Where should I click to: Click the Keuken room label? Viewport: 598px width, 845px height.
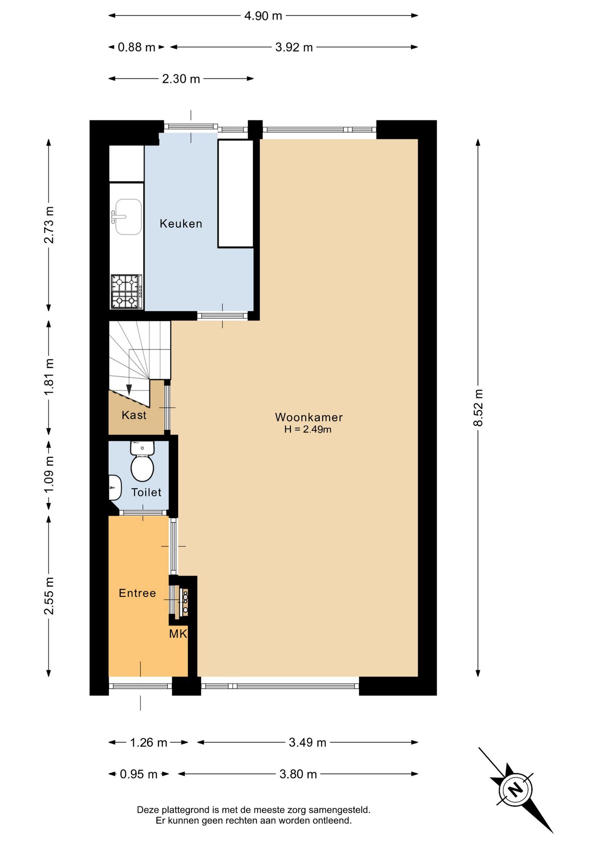(x=181, y=224)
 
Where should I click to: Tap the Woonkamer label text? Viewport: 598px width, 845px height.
(x=309, y=417)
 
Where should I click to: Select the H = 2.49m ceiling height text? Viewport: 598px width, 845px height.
(x=308, y=430)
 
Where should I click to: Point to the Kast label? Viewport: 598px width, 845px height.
(x=134, y=415)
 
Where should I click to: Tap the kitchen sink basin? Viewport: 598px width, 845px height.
(x=128, y=217)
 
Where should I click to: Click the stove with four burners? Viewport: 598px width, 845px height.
(x=126, y=291)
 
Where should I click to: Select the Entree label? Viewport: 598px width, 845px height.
(x=137, y=593)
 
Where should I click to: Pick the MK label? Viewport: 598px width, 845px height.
(x=178, y=634)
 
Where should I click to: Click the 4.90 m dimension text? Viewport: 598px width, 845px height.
(x=263, y=16)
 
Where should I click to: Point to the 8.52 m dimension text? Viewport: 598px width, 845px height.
(x=478, y=408)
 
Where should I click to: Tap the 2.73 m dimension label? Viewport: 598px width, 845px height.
(x=49, y=224)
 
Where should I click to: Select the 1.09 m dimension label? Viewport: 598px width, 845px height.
(x=49, y=475)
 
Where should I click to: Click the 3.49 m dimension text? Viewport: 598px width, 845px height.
(x=307, y=742)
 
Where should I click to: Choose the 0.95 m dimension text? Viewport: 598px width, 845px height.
(x=139, y=774)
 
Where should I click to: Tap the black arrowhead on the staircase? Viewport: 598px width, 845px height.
(x=129, y=389)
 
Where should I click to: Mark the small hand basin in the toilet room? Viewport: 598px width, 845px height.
(x=115, y=488)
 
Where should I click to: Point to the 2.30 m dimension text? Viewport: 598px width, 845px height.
(x=181, y=79)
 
